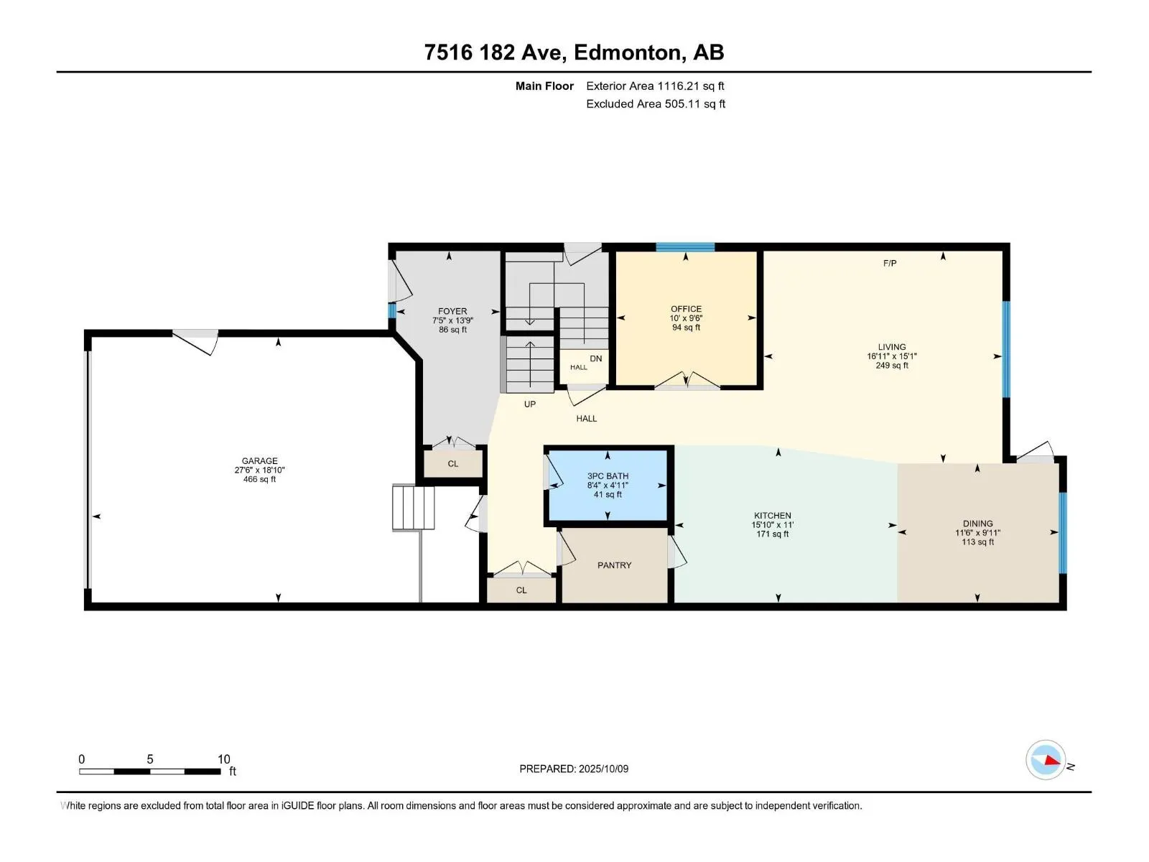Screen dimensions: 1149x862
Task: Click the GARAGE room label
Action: pos(260,461)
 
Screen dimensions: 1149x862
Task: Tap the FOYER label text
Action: pos(452,312)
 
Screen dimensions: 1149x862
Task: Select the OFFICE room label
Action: pos(686,310)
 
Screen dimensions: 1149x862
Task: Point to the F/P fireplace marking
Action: pos(889,263)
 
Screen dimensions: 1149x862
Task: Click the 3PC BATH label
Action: pos(608,476)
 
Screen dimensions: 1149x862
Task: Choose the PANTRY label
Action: pos(614,565)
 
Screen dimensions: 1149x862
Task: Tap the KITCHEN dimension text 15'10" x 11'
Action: pos(772,525)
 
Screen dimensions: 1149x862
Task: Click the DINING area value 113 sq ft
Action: pos(977,542)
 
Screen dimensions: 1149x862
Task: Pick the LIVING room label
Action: pos(891,347)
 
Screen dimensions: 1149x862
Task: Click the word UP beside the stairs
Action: pos(530,404)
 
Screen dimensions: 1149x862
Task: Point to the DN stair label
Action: pos(596,358)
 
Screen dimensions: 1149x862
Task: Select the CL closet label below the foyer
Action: pos(453,464)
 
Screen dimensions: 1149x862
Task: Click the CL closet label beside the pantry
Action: pos(521,590)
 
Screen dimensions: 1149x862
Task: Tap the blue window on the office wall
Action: pos(685,247)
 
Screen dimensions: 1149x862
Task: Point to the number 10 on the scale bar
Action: pos(223,759)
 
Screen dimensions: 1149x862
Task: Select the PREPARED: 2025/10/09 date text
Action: pos(574,769)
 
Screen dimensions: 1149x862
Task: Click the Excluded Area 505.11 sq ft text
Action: pos(656,103)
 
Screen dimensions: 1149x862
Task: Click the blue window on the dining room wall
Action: pos(1063,532)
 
